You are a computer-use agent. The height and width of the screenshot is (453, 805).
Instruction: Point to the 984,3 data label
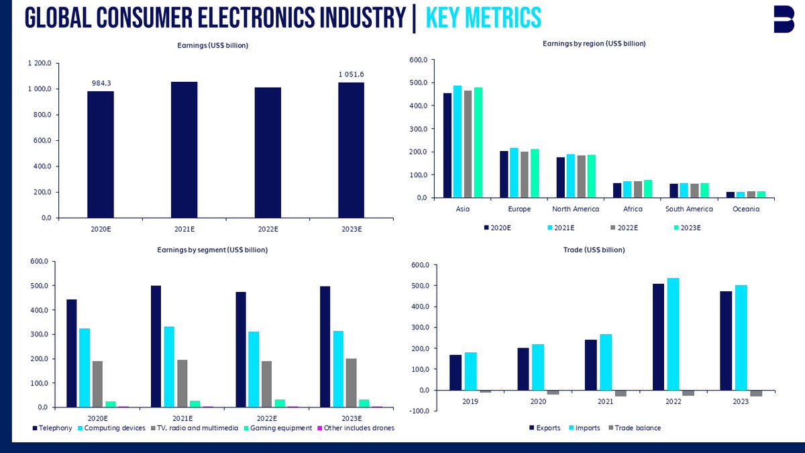point(101,83)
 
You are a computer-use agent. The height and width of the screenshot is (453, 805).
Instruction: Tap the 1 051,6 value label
point(352,74)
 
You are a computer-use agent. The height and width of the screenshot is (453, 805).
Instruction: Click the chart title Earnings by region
point(594,44)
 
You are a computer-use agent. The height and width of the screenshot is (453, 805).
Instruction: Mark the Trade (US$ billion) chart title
point(594,250)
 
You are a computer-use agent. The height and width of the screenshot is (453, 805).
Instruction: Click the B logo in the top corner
point(783,19)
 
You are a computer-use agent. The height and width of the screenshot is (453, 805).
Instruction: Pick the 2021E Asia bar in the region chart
point(458,142)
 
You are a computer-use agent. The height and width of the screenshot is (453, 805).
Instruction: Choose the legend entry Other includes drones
point(359,428)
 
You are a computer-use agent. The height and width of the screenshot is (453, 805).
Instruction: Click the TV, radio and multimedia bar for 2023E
point(350,383)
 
